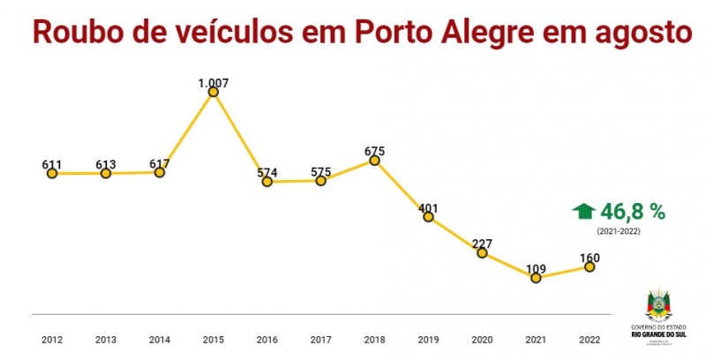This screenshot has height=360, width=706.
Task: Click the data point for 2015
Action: click(x=213, y=92)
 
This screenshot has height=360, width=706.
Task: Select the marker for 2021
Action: click(x=536, y=277)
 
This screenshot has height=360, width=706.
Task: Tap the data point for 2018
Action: click(x=375, y=161)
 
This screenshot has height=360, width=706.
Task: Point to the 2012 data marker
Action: click(x=52, y=174)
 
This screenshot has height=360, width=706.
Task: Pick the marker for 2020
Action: click(x=482, y=253)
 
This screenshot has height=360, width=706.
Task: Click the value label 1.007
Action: click(x=214, y=83)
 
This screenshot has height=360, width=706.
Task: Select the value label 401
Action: click(x=428, y=208)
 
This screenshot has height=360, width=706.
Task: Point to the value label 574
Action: click(x=267, y=173)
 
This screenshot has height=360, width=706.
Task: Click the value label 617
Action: click(x=160, y=163)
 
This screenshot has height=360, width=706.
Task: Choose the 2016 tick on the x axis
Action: click(x=267, y=338)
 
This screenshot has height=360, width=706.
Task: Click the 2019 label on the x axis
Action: click(x=428, y=338)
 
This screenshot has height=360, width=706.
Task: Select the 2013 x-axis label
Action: click(x=106, y=338)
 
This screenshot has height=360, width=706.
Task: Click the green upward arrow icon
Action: click(x=583, y=211)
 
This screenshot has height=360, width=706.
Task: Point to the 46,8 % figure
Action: click(x=632, y=211)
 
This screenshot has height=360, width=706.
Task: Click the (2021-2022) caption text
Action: click(x=618, y=231)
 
